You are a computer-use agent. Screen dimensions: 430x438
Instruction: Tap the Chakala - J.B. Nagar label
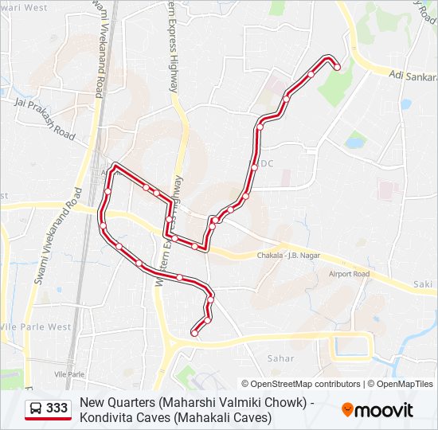[x=288, y=256]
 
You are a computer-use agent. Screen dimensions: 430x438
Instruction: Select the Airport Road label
[x=349, y=274]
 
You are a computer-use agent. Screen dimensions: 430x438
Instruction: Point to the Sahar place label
[x=280, y=358]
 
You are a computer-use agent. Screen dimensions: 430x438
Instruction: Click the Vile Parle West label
[x=36, y=326]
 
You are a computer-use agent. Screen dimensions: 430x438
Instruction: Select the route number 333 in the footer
[x=57, y=408]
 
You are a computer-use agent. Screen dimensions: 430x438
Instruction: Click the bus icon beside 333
[x=36, y=408]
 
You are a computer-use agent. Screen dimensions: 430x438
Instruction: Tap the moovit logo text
[x=385, y=410]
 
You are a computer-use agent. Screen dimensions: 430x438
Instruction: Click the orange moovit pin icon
[x=347, y=410]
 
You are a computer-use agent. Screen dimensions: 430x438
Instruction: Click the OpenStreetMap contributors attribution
[x=301, y=384]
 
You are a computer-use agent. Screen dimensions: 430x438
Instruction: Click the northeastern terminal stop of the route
[x=337, y=67]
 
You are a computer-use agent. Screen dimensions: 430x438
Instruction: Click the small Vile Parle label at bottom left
[x=68, y=373]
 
